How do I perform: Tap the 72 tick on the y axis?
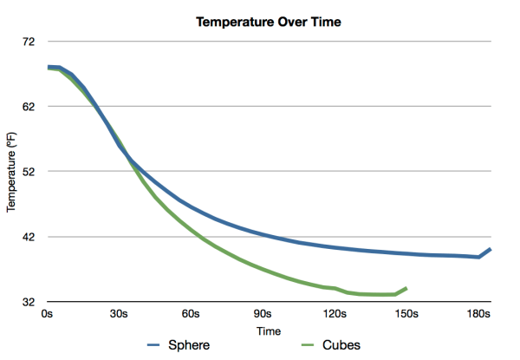click(28, 42)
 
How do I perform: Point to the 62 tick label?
click(28, 107)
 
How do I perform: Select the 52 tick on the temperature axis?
click(28, 172)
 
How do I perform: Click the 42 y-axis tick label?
click(28, 237)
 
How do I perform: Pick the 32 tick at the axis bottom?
click(28, 302)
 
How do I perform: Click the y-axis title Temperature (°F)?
click(12, 172)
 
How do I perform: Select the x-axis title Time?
click(269, 331)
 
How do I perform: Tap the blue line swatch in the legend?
click(156, 345)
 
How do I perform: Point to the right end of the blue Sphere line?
click(491, 249)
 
